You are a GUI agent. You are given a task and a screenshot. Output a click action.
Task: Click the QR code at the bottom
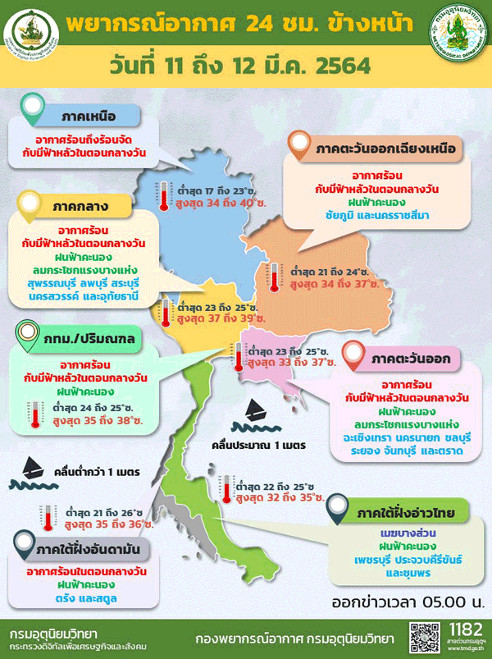[x=422, y=638]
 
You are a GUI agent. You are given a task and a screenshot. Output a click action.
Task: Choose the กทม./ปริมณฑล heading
[x=80, y=338]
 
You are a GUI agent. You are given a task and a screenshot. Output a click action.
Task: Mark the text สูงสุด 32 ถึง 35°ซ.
[x=279, y=497]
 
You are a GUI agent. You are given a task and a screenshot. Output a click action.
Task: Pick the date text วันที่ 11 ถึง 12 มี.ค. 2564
[x=246, y=64]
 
